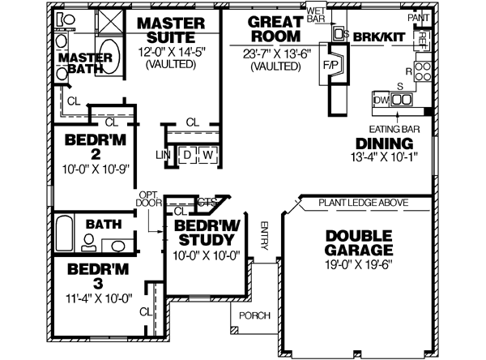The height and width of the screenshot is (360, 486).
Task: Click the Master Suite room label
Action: point(175,30)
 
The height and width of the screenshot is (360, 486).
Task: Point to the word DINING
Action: point(384,144)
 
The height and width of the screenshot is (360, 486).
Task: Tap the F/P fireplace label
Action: point(330,66)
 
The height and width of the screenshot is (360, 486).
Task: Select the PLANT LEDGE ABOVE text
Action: point(363,203)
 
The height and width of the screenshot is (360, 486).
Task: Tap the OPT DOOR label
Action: point(147,200)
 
